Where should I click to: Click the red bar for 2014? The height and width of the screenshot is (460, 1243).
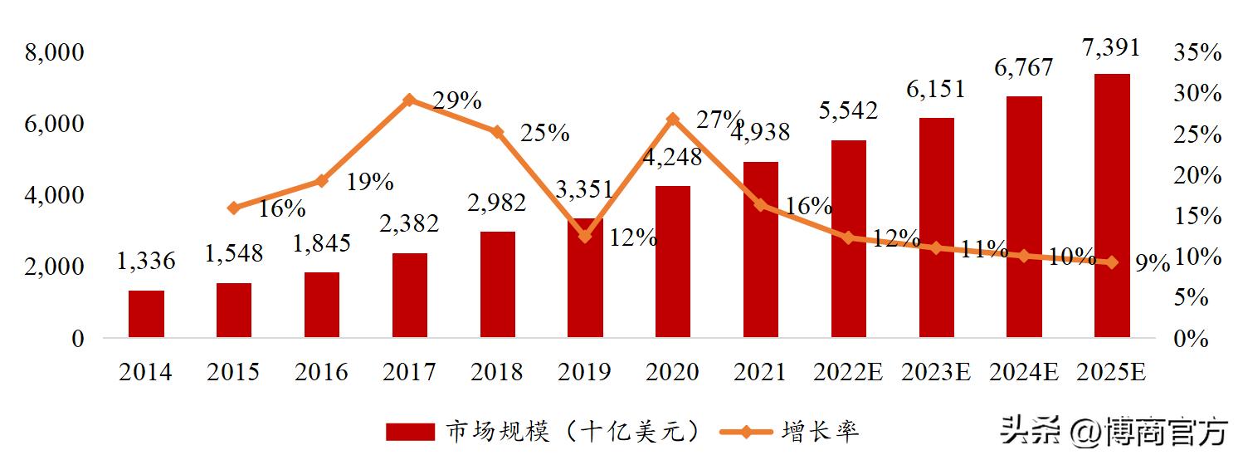[x=146, y=314]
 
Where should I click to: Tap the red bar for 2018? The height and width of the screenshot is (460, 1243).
[x=498, y=284]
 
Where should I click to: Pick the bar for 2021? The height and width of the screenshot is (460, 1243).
[x=761, y=249]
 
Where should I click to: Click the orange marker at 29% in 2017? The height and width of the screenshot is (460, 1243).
[x=408, y=100]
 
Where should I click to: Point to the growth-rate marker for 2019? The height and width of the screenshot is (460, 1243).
[x=585, y=237]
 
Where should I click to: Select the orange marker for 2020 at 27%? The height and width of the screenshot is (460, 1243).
[x=673, y=120]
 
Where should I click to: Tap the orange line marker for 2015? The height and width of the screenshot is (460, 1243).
[x=234, y=208]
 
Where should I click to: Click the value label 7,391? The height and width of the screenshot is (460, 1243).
[x=1111, y=47]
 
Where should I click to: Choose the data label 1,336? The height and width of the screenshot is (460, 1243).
[x=146, y=262]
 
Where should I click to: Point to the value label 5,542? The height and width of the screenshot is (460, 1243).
[x=848, y=110]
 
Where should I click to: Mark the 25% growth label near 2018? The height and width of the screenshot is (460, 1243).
[x=544, y=133]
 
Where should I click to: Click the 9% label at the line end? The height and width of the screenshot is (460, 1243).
[x=1153, y=264]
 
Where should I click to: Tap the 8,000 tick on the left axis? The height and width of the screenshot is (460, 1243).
[x=55, y=53]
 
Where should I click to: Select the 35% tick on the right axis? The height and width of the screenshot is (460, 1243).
[x=1197, y=53]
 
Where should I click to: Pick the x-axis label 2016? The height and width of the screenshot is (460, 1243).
[x=321, y=373]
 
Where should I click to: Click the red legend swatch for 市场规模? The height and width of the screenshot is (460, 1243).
[x=410, y=432]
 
